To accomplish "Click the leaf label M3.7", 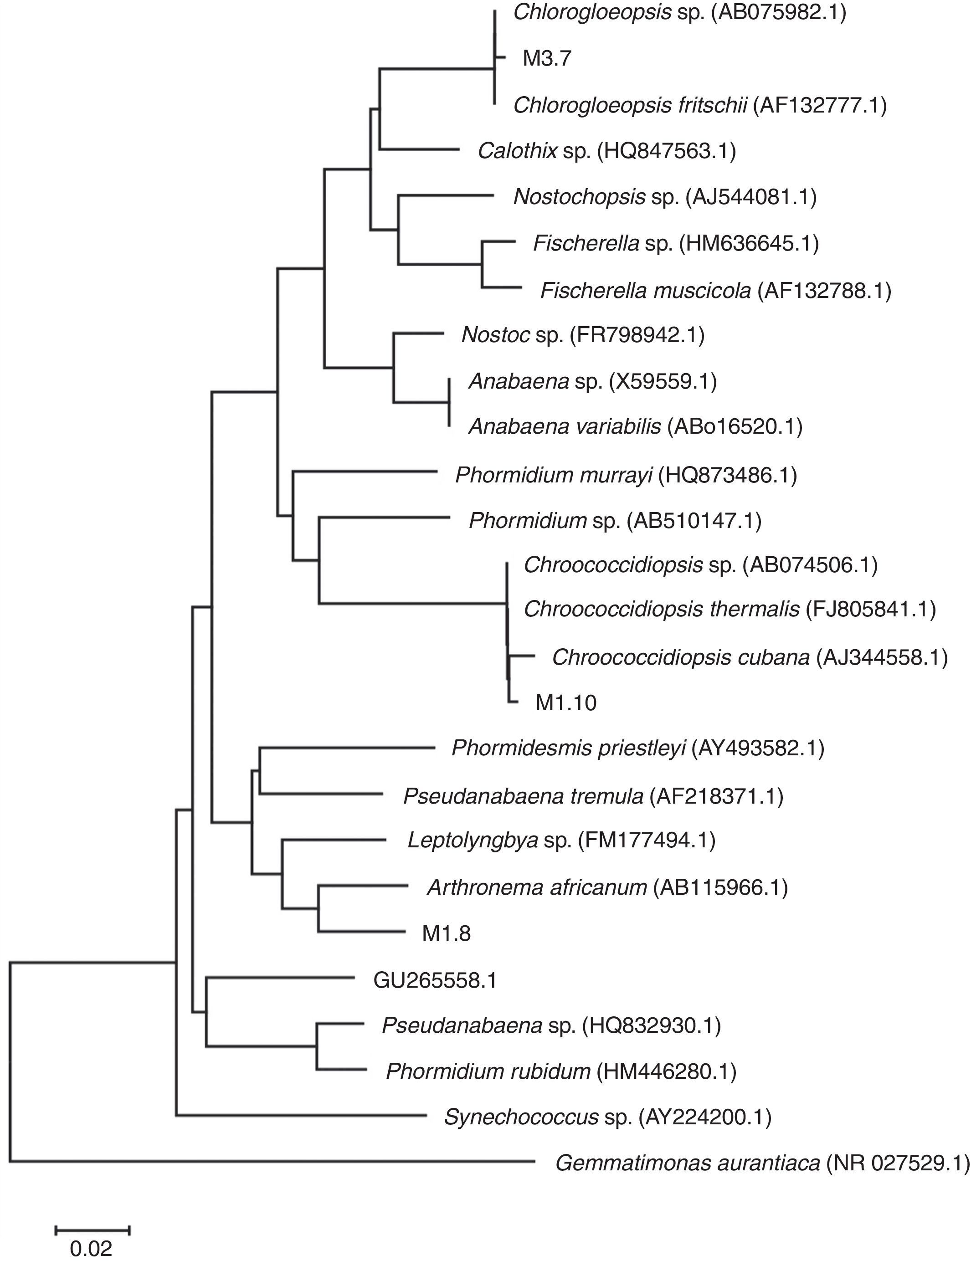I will tap(546, 58).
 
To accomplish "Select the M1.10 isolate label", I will tap(565, 702).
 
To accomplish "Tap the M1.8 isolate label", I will tap(446, 933).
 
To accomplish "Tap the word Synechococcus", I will tap(521, 1117).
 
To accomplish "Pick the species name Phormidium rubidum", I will tap(488, 1071).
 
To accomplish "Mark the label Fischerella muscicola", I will tap(645, 291).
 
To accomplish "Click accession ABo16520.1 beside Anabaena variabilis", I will tap(734, 427).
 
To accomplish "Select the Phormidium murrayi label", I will tap(553, 475).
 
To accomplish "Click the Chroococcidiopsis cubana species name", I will tap(680, 657).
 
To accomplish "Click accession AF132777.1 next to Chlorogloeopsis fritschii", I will tap(819, 105).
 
